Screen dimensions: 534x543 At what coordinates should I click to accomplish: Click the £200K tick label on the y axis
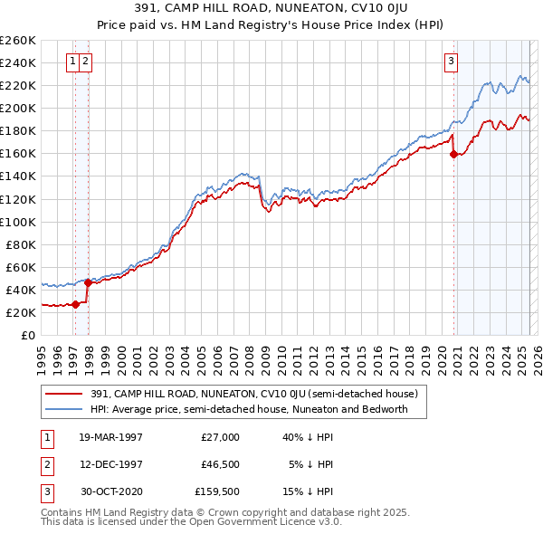pos(18,108)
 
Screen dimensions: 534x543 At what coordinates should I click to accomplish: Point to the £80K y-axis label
pos(21,244)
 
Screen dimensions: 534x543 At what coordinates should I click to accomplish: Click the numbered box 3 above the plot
pos(451,62)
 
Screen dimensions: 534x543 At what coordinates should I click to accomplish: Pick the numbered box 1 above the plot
pos(71,62)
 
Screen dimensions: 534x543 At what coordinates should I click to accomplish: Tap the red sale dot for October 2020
pos(452,154)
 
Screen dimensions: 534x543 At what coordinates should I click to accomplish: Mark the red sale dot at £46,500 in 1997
pos(88,282)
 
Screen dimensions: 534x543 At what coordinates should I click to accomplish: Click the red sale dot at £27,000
pos(76,304)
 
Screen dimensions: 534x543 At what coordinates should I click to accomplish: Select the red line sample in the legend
pos(64,394)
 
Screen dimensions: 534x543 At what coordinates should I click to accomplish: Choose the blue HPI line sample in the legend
pos(64,409)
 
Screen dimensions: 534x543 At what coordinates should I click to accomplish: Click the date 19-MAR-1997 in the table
pos(111,436)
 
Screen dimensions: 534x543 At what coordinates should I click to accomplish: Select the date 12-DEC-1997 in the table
pos(111,464)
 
